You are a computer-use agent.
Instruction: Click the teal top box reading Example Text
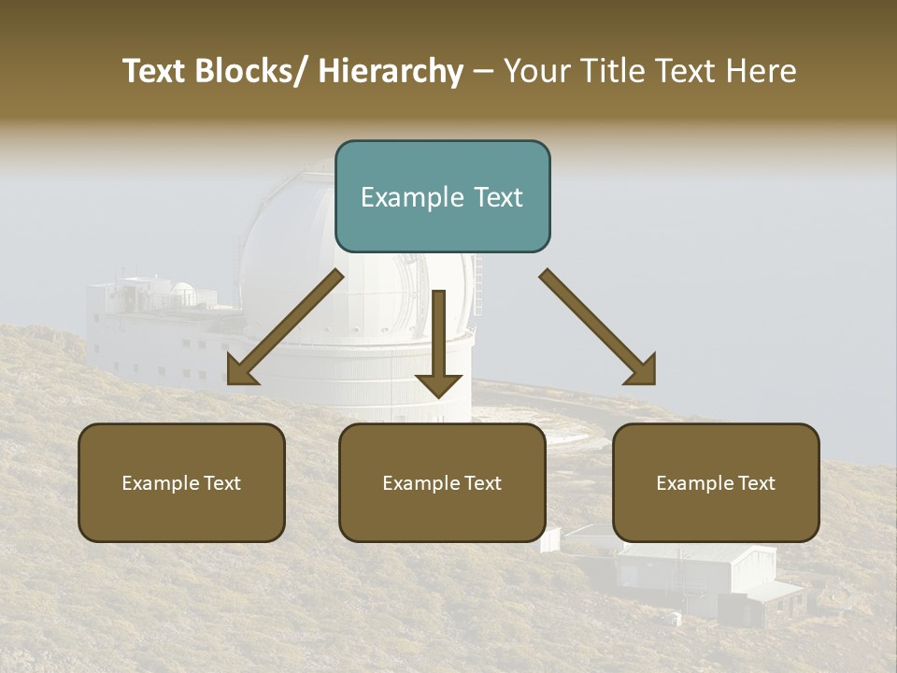coord(442,196)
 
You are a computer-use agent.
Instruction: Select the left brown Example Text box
coord(181,482)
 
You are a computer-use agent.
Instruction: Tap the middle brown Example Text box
coord(442,482)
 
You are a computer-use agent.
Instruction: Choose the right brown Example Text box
coord(716,482)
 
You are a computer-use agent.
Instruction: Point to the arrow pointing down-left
coord(285,327)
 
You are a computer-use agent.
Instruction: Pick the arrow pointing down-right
coord(598,327)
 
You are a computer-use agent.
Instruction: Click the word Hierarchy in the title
coord(391,71)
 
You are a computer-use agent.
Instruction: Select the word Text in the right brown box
coord(756,482)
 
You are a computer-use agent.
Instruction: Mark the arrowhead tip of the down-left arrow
coord(229,383)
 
